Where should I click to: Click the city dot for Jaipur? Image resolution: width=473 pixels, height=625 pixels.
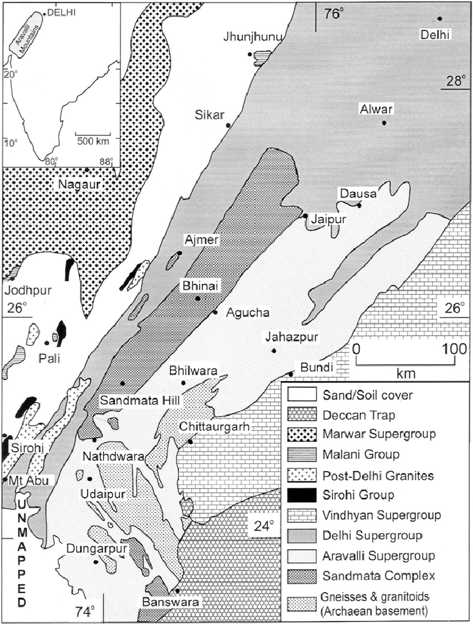click(x=306, y=215)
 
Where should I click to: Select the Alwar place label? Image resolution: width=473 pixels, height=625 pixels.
click(x=375, y=110)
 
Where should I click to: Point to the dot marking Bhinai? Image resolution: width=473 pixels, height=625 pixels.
click(x=198, y=299)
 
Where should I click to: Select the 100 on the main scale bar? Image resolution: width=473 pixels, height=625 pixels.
click(x=454, y=349)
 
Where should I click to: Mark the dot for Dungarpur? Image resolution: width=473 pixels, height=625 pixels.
click(x=95, y=561)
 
